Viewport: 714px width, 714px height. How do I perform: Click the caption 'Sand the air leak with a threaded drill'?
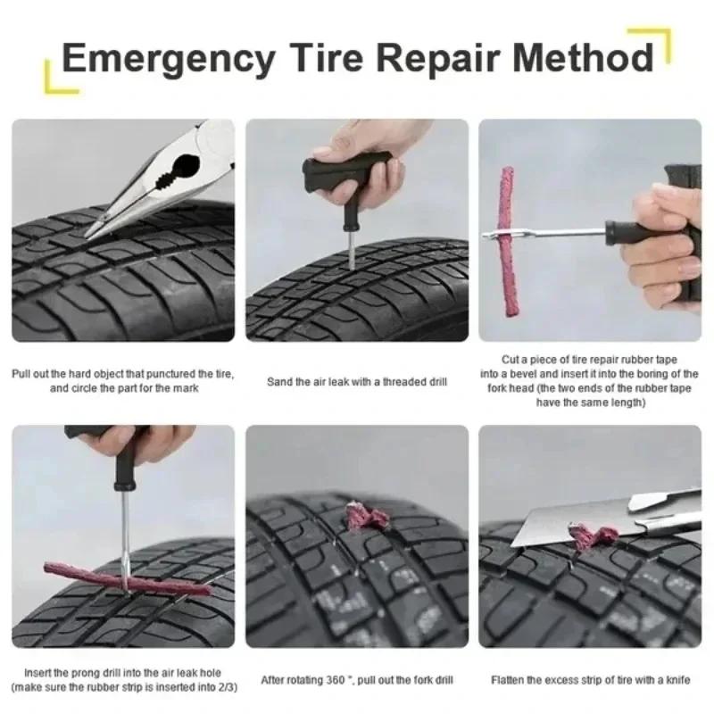point(357,382)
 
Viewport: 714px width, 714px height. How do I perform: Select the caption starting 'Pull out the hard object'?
point(123,381)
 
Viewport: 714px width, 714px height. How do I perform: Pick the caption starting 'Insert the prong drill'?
point(123,679)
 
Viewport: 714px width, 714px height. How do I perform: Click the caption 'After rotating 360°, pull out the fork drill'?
point(357,679)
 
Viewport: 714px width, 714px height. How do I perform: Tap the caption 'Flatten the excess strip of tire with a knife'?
point(590,679)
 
